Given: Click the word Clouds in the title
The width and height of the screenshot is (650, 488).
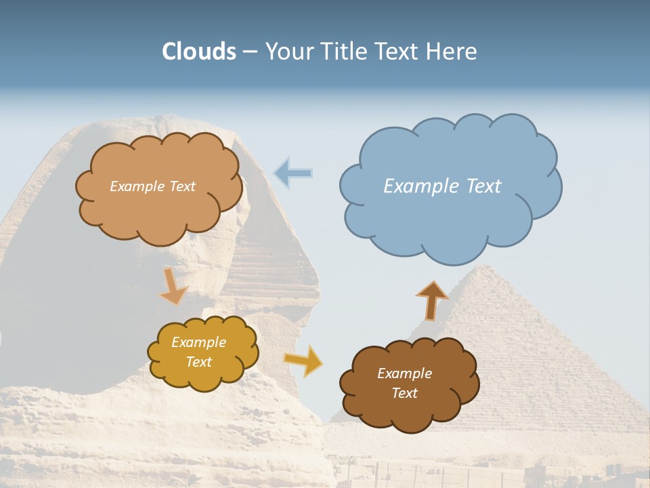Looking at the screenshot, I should tap(198, 52).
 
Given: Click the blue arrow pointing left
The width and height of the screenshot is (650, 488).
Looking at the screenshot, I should tap(292, 174).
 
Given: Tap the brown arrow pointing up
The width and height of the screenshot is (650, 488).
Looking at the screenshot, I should tap(431, 300).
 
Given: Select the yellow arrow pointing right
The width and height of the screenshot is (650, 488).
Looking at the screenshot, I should tap(303, 360).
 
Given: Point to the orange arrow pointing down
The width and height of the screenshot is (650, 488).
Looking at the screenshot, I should tap(173, 285).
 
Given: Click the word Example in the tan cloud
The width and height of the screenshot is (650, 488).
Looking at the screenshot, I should tap(135, 186).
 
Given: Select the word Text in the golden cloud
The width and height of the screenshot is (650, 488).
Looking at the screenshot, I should tap(199, 362).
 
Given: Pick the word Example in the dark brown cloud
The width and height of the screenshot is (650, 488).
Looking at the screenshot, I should tap(404, 373).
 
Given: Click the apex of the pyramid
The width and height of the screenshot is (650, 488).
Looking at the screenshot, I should tap(485, 267).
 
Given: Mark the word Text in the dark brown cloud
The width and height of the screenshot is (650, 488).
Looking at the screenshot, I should tap(404, 393).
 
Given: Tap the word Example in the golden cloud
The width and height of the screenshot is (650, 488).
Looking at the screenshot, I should tap(199, 342).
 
